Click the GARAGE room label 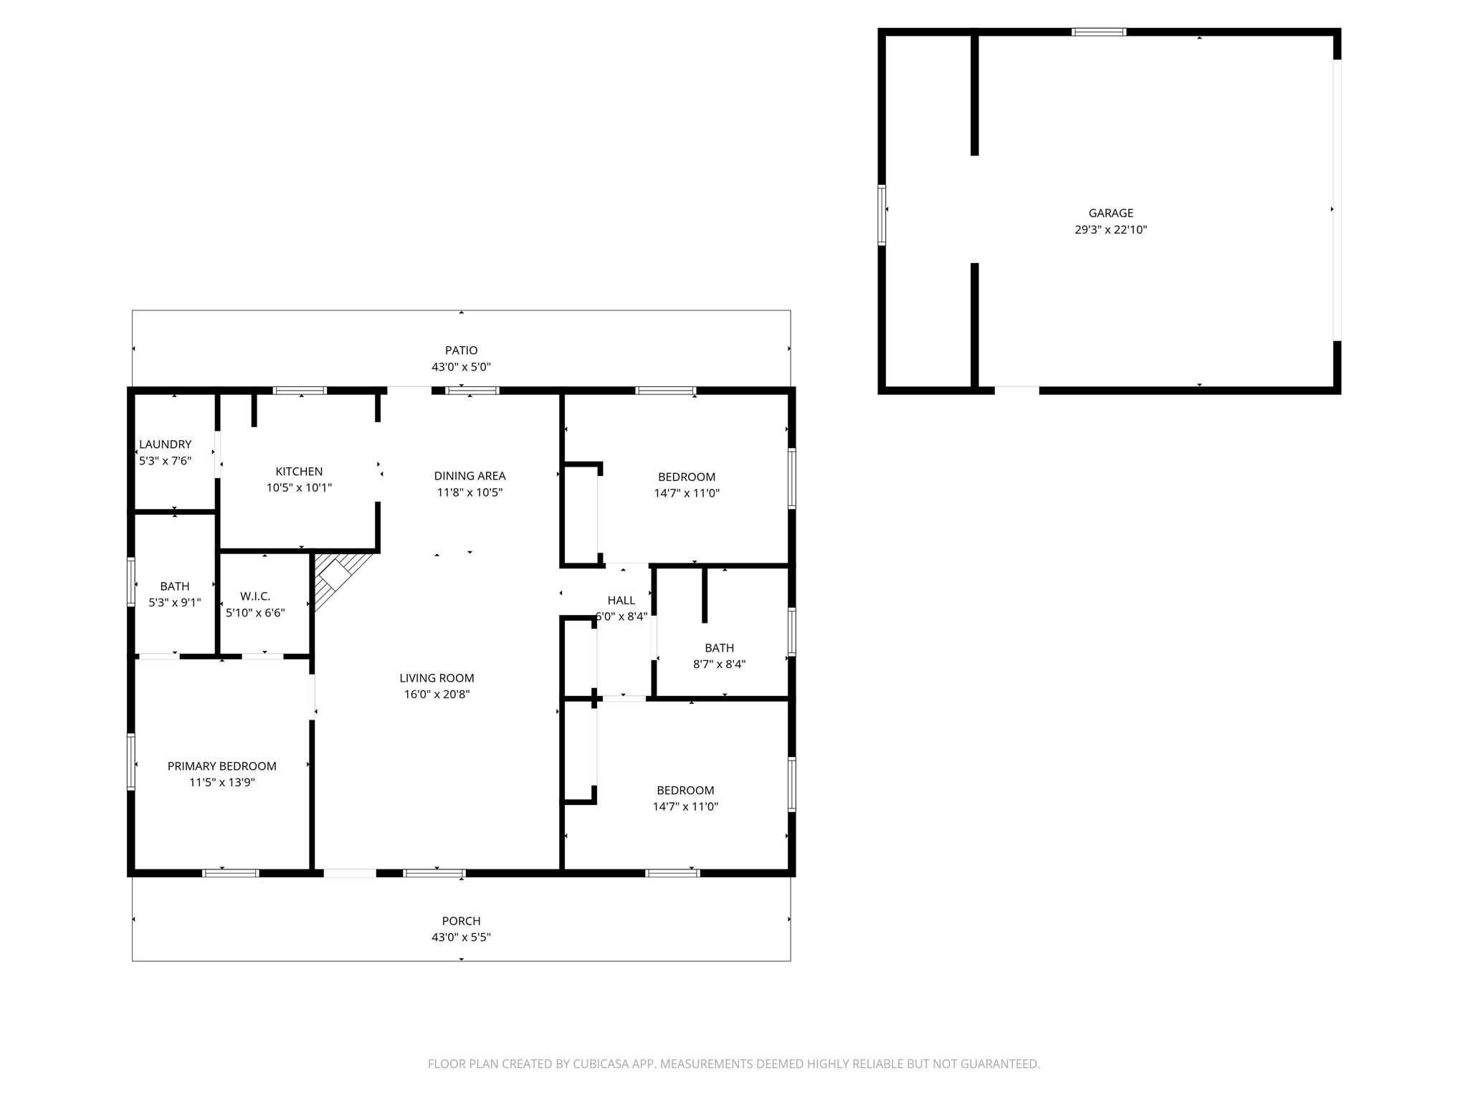pos(1110,213)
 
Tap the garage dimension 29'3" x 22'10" pos(1110,230)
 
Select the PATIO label pos(461,351)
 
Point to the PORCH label pos(461,921)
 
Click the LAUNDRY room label pos(165,444)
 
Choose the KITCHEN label pos(299,472)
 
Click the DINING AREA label pos(470,476)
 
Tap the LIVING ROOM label pos(437,678)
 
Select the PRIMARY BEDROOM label pos(221,766)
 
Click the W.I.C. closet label pos(255,596)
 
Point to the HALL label pos(621,601)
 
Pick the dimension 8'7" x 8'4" pos(719,664)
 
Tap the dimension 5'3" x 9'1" pos(174,603)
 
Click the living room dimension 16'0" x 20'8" pos(437,695)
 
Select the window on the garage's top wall pos(1098,32)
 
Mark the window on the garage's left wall pos(882,215)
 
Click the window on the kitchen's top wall pos(300,391)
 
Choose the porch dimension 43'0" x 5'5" pos(461,938)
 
